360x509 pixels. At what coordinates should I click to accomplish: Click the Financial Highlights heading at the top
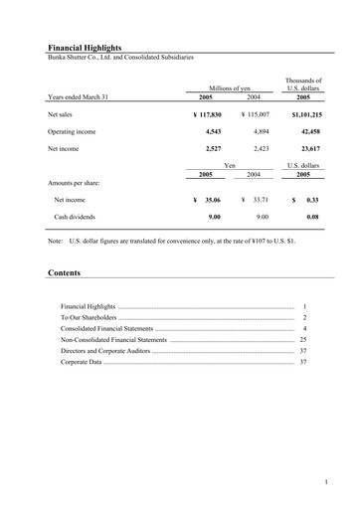point(89,47)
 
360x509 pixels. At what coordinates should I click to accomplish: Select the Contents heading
point(64,272)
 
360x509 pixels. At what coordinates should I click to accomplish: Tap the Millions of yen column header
point(230,88)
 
